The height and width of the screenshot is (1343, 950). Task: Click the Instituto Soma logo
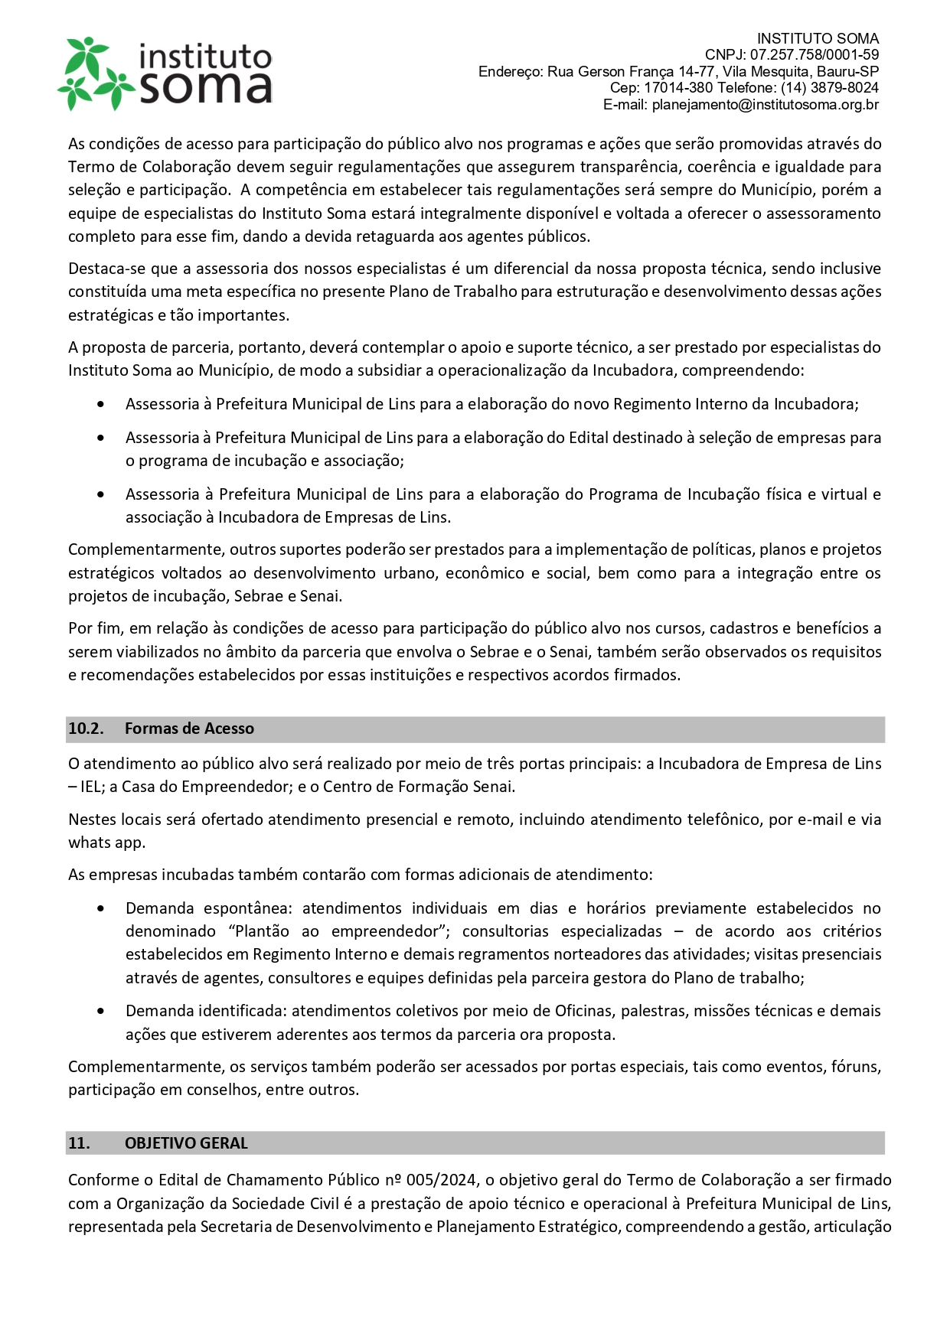click(x=165, y=73)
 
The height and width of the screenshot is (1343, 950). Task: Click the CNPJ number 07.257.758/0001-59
click(x=814, y=55)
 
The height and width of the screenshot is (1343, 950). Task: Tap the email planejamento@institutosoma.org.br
click(x=765, y=105)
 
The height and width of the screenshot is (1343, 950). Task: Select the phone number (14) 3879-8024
click(x=829, y=88)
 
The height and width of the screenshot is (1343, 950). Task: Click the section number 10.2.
click(x=86, y=729)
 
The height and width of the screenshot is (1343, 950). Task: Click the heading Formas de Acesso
click(x=189, y=729)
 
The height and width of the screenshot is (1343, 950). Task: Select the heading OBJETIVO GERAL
click(x=186, y=1143)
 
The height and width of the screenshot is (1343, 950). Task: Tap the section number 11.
click(x=79, y=1143)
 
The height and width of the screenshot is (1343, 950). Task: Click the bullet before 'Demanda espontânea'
click(x=101, y=908)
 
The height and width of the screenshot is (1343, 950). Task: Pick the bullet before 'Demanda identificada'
click(x=101, y=1011)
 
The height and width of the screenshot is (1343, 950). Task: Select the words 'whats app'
click(x=106, y=843)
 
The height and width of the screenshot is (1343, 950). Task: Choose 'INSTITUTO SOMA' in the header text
click(x=818, y=38)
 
